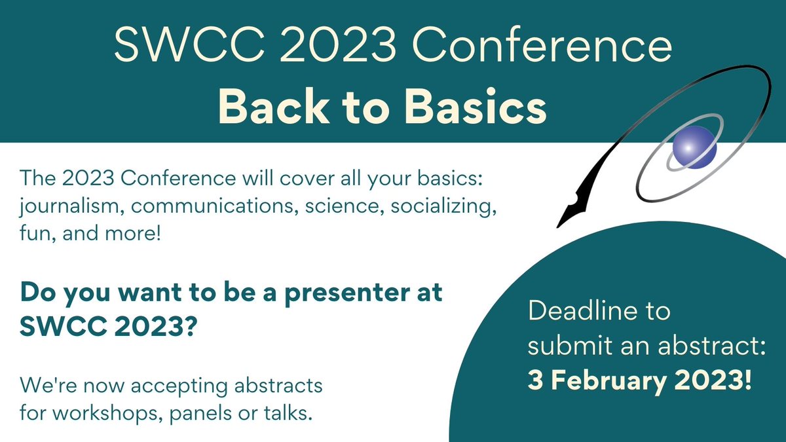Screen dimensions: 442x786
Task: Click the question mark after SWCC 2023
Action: coord(191,325)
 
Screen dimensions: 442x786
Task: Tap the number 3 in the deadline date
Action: coord(534,380)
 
